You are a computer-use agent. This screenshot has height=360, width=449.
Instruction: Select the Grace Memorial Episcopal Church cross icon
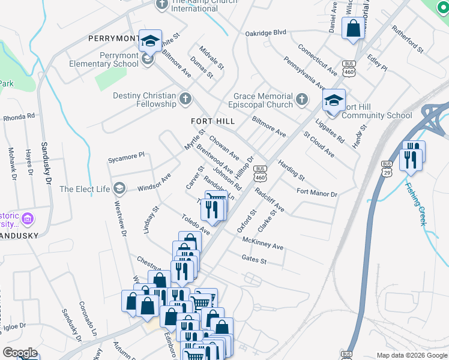[x=302, y=99]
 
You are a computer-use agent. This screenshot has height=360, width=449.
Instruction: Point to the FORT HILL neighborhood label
[x=212, y=121]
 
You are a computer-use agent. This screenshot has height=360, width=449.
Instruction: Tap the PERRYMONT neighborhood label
[x=113, y=38]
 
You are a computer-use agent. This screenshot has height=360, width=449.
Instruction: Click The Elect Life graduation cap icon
[x=119, y=189]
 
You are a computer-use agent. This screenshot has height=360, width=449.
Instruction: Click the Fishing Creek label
[x=415, y=204]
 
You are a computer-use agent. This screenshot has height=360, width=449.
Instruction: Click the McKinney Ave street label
[x=262, y=243]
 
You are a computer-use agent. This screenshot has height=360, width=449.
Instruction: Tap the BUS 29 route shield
[x=387, y=168]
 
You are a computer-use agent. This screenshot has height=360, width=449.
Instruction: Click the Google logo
[x=19, y=353]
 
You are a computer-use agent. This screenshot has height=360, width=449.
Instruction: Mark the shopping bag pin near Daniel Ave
[x=353, y=29]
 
